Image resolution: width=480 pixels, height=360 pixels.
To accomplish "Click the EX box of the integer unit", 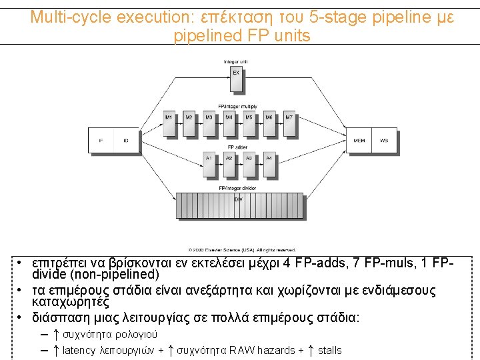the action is tap(236, 79).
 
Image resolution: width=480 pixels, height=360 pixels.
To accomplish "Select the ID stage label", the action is tap(125, 141).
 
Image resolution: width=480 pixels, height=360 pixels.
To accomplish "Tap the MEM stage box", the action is tap(359, 141).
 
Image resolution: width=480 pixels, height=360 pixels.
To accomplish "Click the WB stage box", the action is tap(384, 141).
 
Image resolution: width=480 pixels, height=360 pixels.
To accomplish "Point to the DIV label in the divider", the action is tap(238, 199).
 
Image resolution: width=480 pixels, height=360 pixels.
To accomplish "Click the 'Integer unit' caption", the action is tap(236, 63).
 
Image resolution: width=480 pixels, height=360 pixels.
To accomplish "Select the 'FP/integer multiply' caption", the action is tap(237, 107).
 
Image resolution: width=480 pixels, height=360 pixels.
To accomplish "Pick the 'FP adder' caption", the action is tap(237, 147).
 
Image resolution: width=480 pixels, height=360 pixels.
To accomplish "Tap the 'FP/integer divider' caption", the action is tap(238, 189).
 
